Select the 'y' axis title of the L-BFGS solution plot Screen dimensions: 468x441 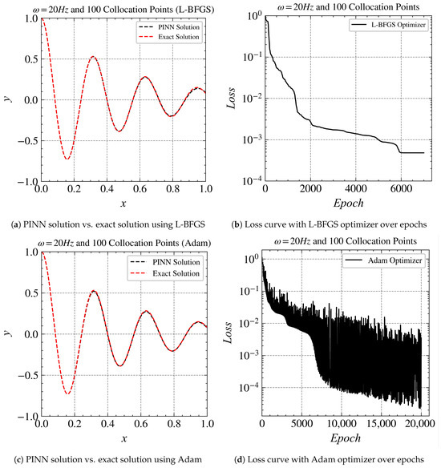(8, 98)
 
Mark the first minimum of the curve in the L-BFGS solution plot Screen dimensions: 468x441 (67, 159)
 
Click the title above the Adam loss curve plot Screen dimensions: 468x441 (342, 242)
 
